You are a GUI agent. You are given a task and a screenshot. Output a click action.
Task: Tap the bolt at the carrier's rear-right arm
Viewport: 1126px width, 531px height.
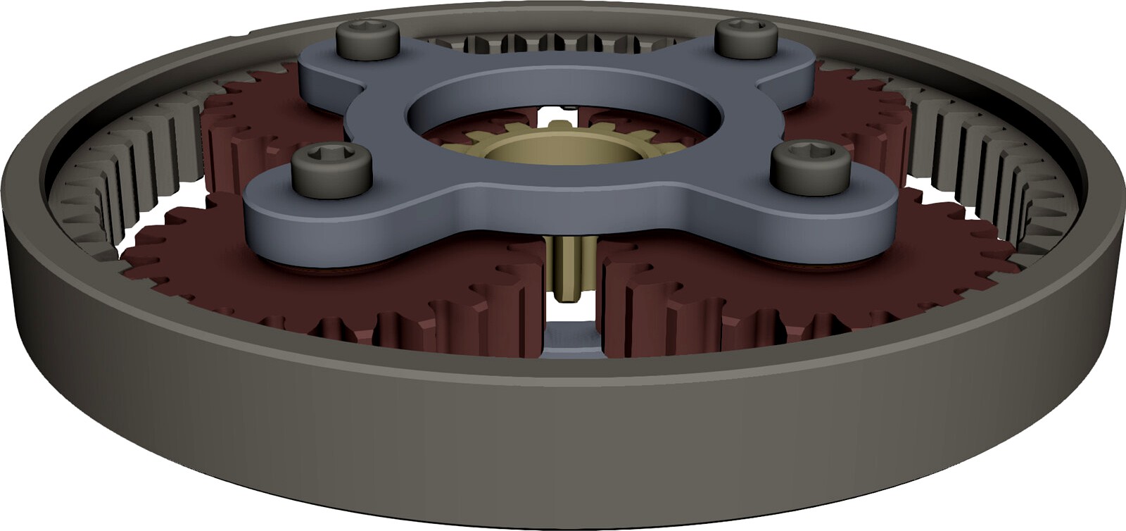(x=745, y=39)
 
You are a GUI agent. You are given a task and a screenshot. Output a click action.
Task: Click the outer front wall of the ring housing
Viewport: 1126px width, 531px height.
(x=563, y=451)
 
